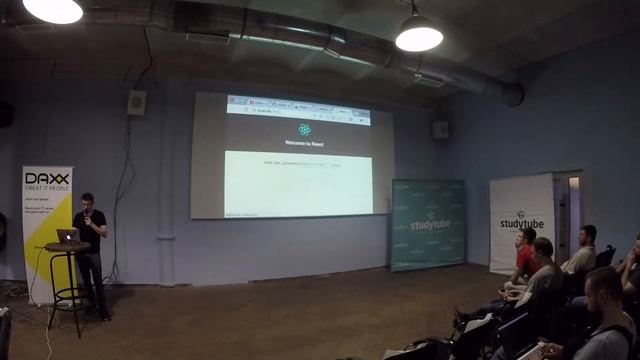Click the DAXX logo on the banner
click(x=46, y=177)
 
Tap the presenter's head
click(x=88, y=201)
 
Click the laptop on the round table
click(x=67, y=236)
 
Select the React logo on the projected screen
click(x=304, y=129)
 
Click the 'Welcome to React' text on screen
click(x=303, y=142)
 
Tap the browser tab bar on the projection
click(x=298, y=103)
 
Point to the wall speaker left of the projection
click(x=136, y=102)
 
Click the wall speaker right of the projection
click(x=441, y=130)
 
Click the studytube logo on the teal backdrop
click(x=427, y=223)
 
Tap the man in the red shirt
click(x=524, y=258)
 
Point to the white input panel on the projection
click(x=298, y=182)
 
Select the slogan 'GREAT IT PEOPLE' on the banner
click(x=46, y=187)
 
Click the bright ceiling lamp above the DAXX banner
click(x=53, y=10)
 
